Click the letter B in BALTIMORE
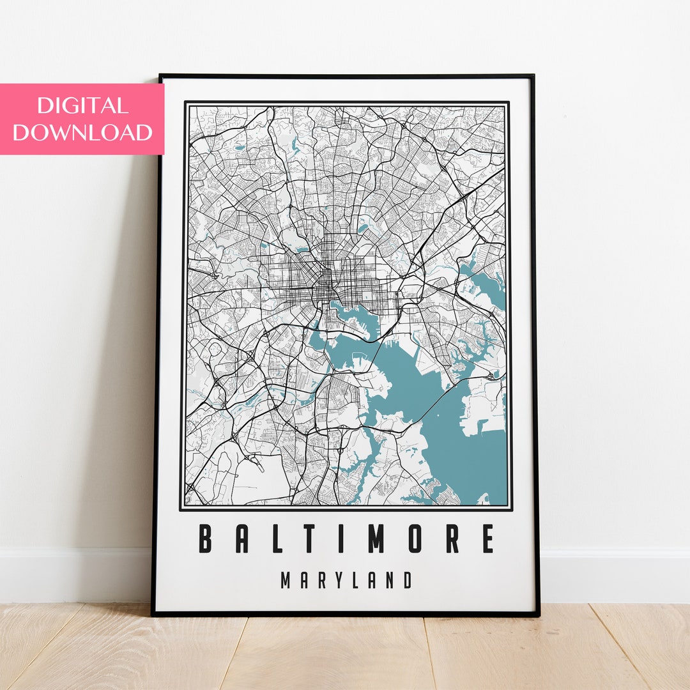coord(205,539)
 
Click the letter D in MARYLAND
coord(406,581)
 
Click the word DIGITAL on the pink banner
coord(82,105)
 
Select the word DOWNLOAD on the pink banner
coord(82,132)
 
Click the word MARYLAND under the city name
coord(346,581)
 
